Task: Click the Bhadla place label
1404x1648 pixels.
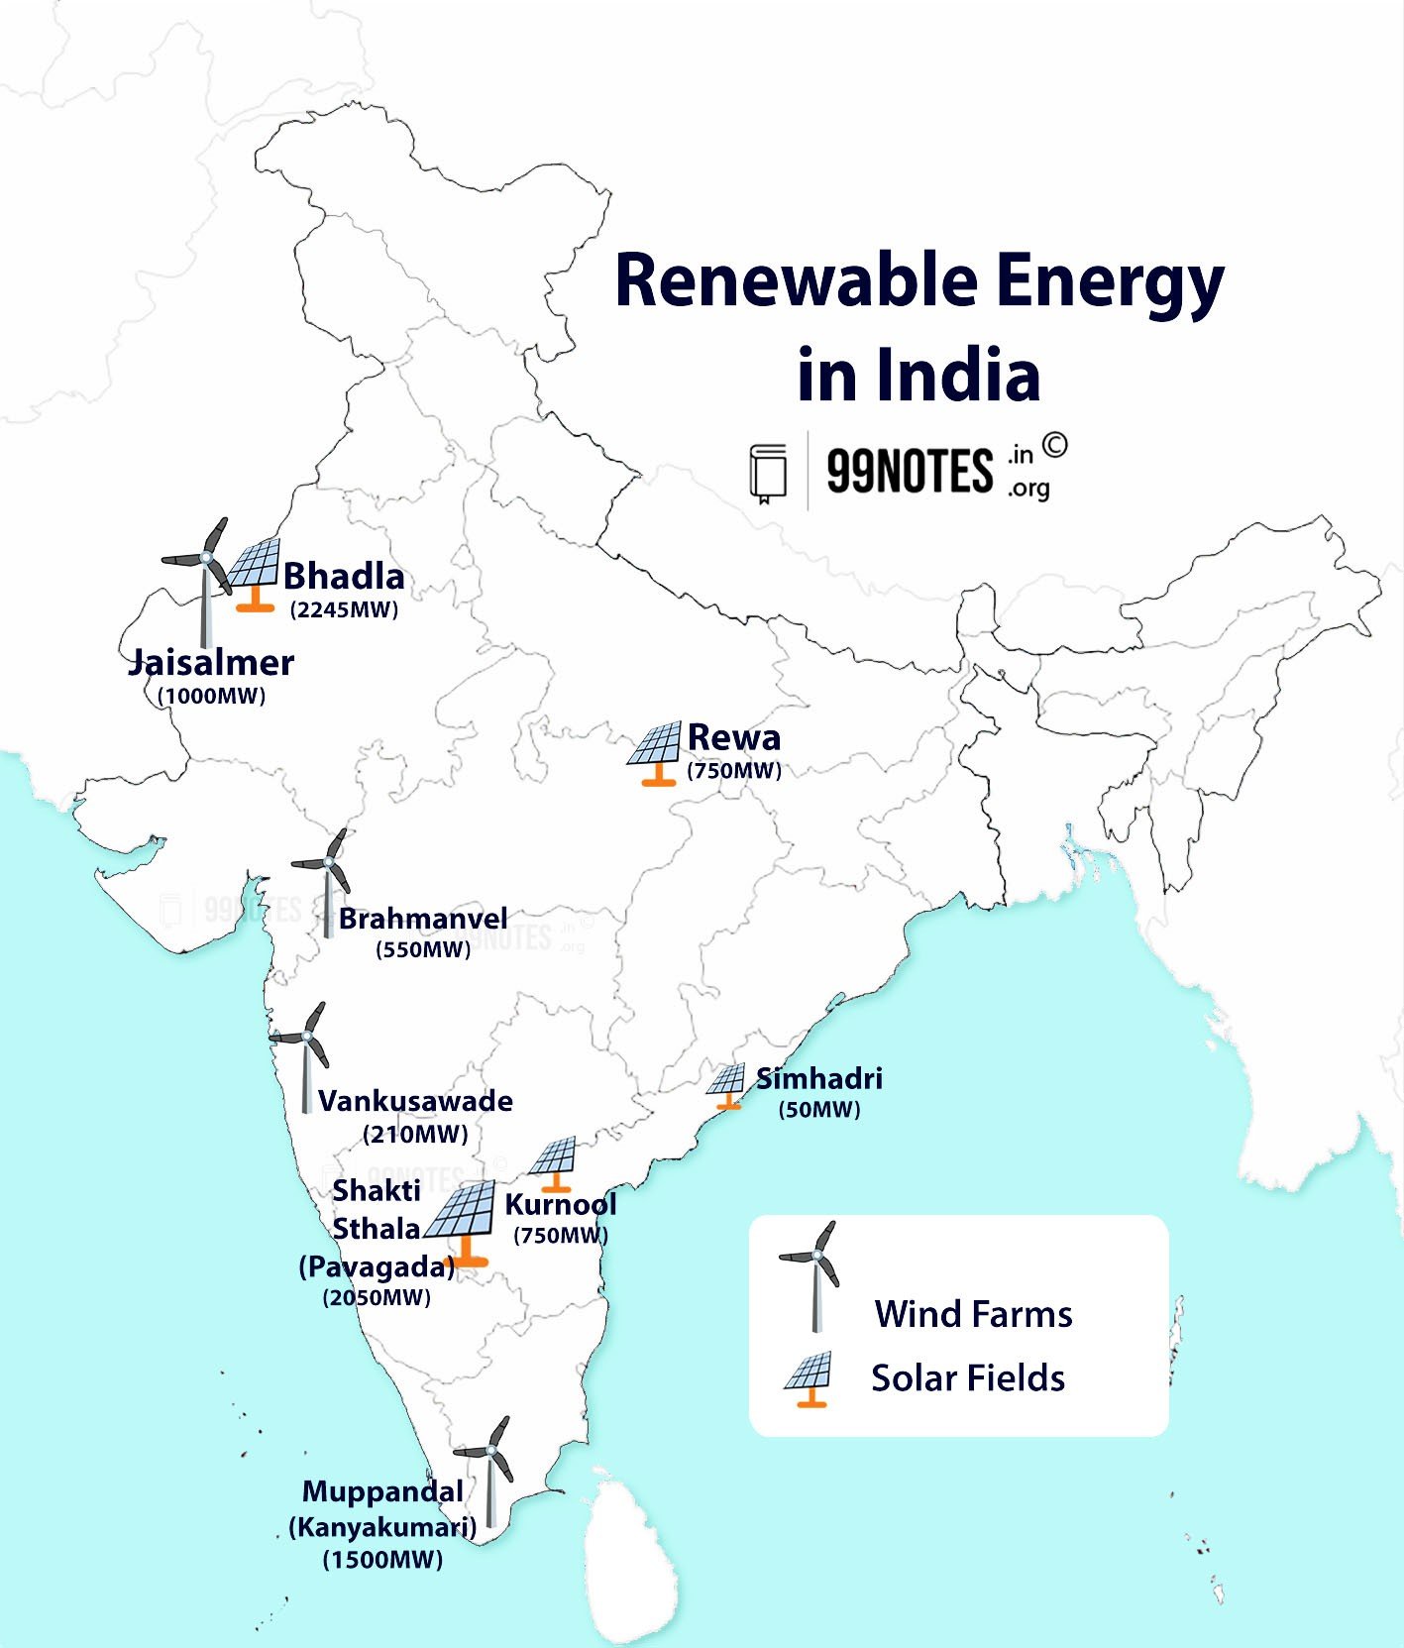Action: pos(344,577)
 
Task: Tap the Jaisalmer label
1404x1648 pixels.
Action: pos(211,663)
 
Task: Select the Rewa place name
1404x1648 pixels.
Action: pos(734,737)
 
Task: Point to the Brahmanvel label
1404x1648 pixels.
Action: pos(423,919)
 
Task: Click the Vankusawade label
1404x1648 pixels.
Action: pos(415,1101)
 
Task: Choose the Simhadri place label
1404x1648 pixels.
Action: pos(819,1078)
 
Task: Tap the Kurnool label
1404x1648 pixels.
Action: pos(561,1205)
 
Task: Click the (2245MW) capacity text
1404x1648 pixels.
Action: pos(344,609)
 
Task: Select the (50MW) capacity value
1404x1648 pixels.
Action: pos(819,1110)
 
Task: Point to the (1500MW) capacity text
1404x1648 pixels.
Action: pos(382,1560)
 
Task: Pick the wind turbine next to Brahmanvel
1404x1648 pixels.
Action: pos(325,877)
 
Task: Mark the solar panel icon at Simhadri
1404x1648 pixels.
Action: pos(727,1085)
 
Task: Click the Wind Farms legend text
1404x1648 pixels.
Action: pos(973,1314)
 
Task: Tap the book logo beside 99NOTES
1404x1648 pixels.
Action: pos(768,472)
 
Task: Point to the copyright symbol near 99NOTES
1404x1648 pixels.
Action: pos(1054,446)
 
